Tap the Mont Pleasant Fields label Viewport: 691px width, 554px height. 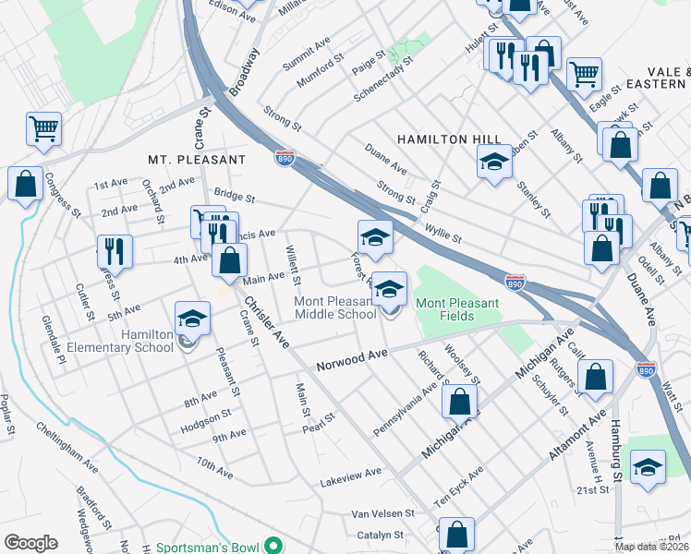click(457, 309)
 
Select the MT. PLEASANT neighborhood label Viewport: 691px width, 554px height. click(197, 160)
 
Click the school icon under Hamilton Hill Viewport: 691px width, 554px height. click(494, 164)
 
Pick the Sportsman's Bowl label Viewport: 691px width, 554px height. click(207, 548)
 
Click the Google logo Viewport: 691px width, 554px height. click(30, 543)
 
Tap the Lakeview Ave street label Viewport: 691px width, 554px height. click(350, 474)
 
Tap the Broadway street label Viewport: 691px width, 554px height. click(240, 74)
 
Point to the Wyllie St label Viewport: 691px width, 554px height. click(443, 233)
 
